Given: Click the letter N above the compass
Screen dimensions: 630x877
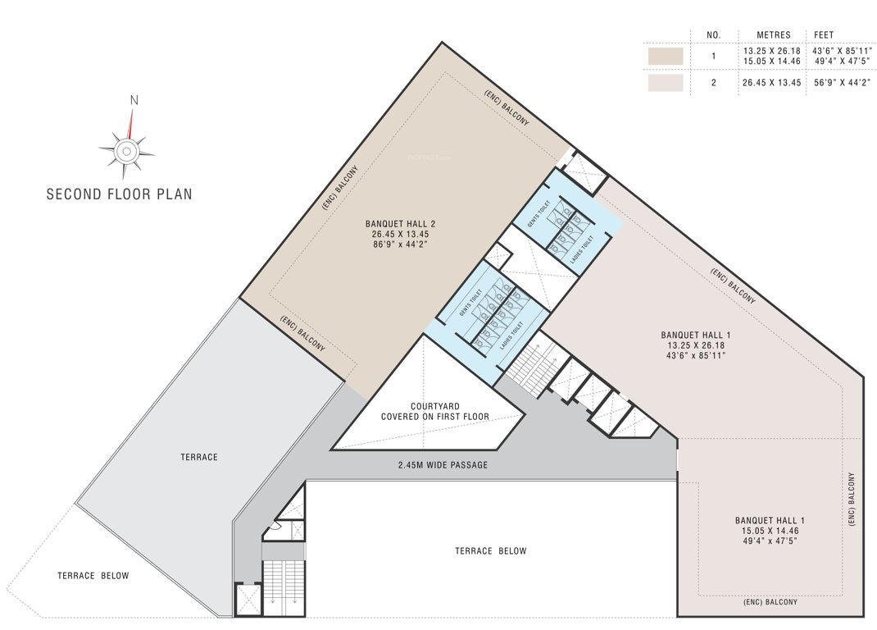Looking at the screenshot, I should [x=134, y=100].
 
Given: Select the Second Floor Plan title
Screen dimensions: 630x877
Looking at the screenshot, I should [x=119, y=194].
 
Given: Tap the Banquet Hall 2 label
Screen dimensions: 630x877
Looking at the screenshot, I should [x=399, y=233].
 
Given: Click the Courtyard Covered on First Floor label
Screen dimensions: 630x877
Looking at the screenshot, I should [x=434, y=411].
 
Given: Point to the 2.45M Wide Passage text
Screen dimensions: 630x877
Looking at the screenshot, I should [x=443, y=465].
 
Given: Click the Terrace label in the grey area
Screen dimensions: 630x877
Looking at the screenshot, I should [x=199, y=456].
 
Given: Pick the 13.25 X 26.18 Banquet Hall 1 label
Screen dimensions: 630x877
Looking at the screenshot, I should [x=695, y=345].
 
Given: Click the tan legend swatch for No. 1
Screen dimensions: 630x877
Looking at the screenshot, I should [x=666, y=56].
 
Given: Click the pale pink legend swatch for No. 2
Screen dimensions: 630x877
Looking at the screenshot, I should [x=666, y=83].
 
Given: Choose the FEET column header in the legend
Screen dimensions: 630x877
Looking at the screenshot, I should [x=824, y=35].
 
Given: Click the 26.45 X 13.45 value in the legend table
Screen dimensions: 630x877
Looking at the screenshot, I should [x=771, y=83].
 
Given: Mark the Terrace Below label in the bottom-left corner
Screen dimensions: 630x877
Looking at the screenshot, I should [x=93, y=576].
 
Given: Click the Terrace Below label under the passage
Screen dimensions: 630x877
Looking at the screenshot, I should [x=490, y=550].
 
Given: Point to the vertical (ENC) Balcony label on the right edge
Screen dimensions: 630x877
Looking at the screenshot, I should [x=852, y=499].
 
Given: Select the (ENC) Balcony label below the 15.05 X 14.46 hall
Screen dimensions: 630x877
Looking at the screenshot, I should [x=770, y=602].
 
